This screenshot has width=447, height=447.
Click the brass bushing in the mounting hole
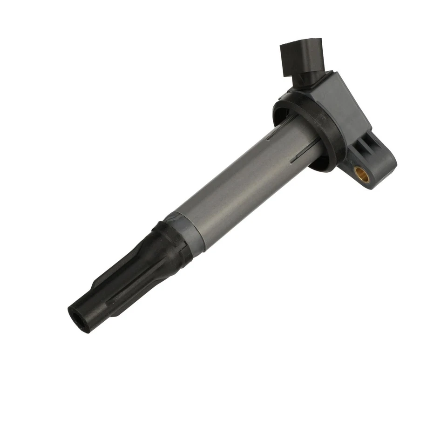362,174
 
